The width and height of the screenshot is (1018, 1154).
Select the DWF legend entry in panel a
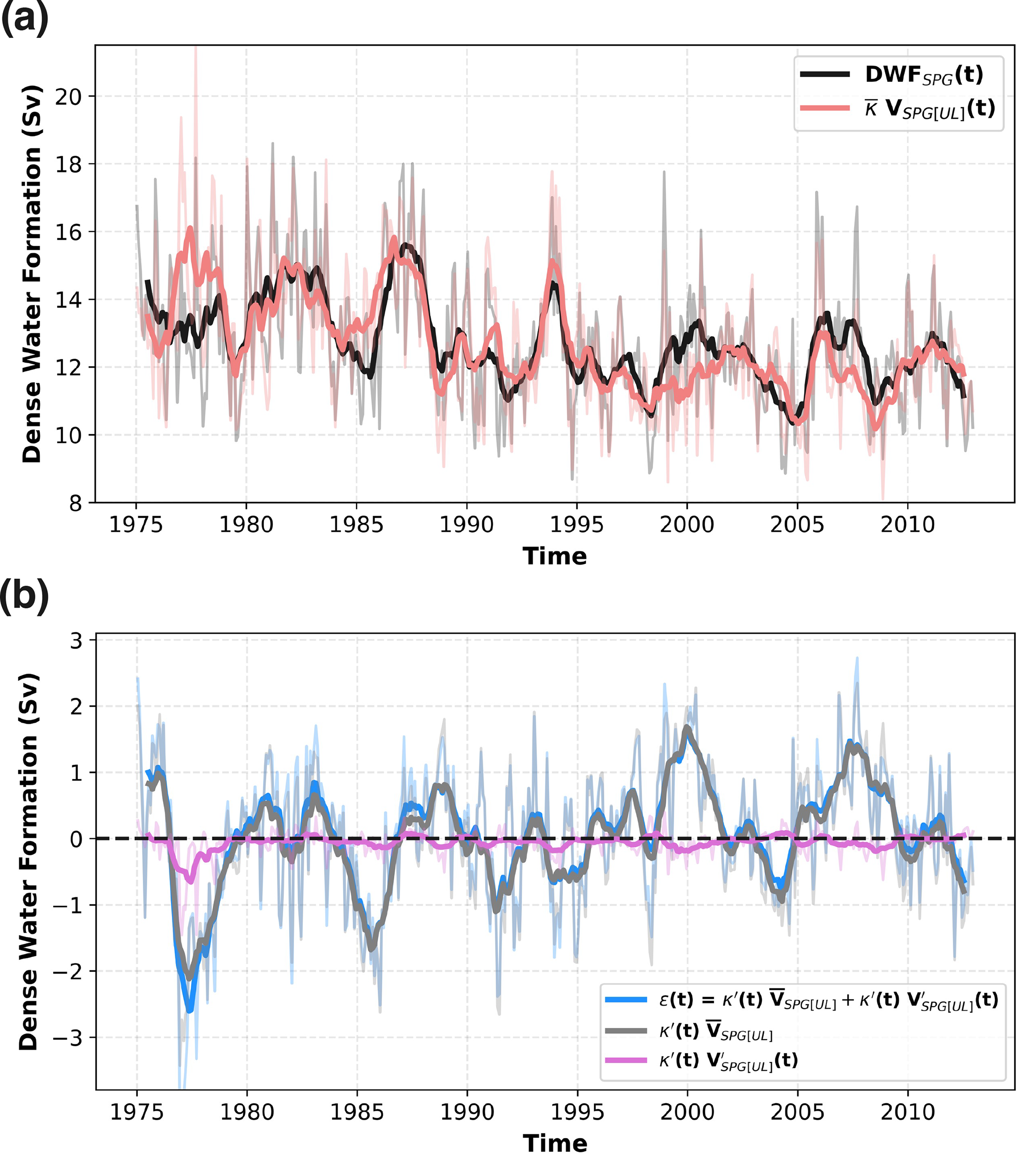(x=924, y=74)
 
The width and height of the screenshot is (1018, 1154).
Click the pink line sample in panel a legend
(x=824, y=108)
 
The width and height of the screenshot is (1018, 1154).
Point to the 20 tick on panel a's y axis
(x=67, y=97)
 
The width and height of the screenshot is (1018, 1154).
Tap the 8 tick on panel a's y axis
(x=75, y=503)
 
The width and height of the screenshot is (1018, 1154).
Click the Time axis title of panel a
(x=555, y=557)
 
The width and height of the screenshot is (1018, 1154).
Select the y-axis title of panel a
(x=32, y=274)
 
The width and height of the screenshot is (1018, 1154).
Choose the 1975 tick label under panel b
(x=136, y=1112)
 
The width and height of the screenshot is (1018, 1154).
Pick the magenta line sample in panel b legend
(x=626, y=1060)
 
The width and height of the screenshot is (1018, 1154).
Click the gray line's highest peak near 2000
(x=687, y=728)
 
